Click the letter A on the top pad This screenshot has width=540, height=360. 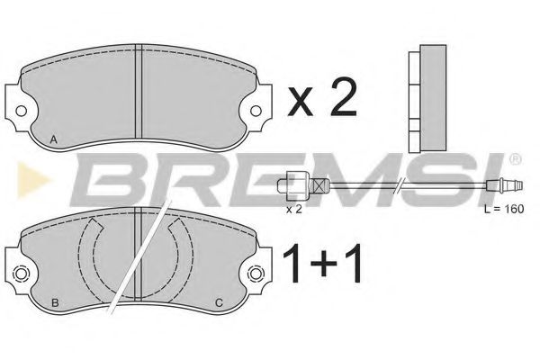tap(56, 138)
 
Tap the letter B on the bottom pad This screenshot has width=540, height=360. tap(56, 301)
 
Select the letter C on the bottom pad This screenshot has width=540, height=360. tap(218, 301)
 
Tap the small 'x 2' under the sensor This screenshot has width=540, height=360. tap(292, 209)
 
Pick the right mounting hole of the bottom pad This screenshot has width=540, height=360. tap(257, 274)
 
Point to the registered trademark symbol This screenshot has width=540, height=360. tap(515, 159)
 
